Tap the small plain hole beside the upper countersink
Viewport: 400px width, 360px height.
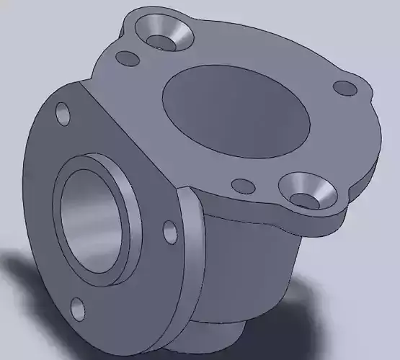coord(128,58)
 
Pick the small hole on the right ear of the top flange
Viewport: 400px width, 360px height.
coord(345,88)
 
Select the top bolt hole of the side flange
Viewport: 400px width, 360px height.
coord(63,113)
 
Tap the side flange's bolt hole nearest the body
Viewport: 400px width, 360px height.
coord(170,232)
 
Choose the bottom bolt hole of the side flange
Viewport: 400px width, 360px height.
coord(77,310)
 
